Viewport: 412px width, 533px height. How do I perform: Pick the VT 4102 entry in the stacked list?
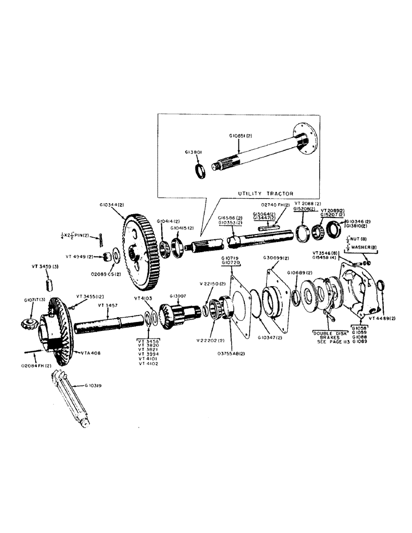148,364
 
